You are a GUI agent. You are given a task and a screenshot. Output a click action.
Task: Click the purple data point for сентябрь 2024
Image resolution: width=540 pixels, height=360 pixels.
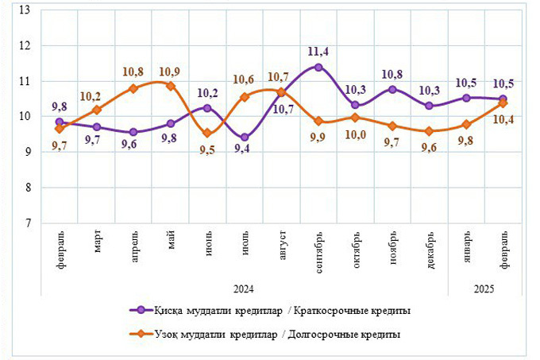pyautogui.click(x=318, y=67)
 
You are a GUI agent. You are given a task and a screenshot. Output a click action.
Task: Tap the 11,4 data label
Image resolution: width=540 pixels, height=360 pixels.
pyautogui.click(x=318, y=52)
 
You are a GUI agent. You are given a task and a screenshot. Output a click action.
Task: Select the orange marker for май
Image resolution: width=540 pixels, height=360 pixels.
pyautogui.click(x=171, y=86)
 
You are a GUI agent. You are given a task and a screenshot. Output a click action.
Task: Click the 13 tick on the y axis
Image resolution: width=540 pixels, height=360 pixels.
pyautogui.click(x=25, y=10)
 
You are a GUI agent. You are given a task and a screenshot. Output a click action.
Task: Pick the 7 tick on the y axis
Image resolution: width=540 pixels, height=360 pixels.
pyautogui.click(x=28, y=223)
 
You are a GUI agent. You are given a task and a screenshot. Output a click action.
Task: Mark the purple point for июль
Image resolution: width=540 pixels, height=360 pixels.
pyautogui.click(x=245, y=137)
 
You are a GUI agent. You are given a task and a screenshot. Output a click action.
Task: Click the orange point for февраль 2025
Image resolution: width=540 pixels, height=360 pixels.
pyautogui.click(x=503, y=103)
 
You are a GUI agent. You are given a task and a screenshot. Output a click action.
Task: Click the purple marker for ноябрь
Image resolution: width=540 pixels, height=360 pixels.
pyautogui.click(x=392, y=89)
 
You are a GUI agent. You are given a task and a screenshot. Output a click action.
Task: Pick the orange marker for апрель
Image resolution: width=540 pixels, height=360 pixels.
pyautogui.click(x=133, y=88)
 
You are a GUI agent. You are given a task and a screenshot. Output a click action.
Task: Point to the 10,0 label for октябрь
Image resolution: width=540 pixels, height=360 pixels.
pyautogui.click(x=355, y=134)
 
